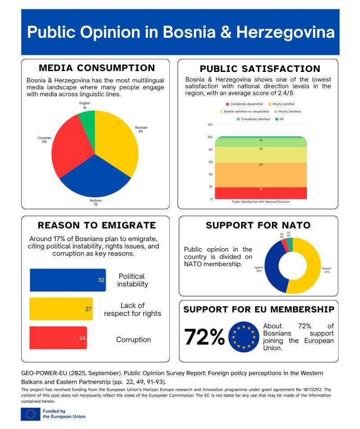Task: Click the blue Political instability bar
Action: (67, 280)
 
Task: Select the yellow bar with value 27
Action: (61, 309)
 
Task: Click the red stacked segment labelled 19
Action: (261, 193)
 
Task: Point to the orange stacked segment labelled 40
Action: (261, 171)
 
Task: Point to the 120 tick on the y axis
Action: (210, 125)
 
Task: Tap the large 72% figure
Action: (204, 337)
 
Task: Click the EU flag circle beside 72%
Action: (244, 337)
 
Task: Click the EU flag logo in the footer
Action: (30, 414)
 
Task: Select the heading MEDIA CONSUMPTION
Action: (97, 68)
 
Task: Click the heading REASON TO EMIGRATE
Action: (97, 225)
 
